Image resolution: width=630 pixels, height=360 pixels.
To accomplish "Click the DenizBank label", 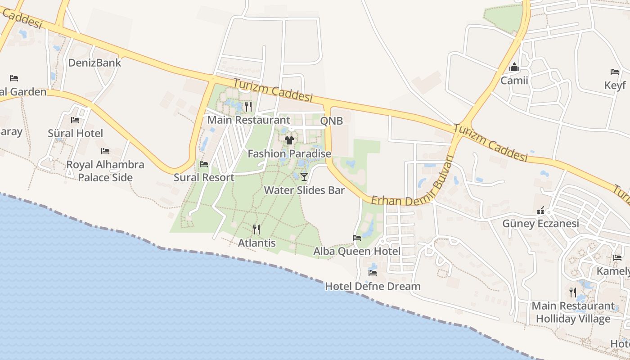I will [x=94, y=63].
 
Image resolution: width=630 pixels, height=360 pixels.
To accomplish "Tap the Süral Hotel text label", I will [x=75, y=133].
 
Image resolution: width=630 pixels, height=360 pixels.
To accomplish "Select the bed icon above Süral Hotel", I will [x=75, y=120].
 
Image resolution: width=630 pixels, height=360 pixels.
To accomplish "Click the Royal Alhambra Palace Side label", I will [x=105, y=171].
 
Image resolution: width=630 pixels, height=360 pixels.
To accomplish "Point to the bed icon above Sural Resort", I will [x=204, y=164].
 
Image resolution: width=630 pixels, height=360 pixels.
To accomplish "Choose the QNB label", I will [x=331, y=121].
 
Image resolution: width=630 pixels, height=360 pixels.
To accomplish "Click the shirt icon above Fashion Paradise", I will [x=289, y=140].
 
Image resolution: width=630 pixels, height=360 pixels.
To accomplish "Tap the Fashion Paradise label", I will [x=289, y=154].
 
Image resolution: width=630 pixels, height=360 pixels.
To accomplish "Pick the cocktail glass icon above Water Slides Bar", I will [x=304, y=176].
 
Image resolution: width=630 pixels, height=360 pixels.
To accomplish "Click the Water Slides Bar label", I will [x=304, y=190].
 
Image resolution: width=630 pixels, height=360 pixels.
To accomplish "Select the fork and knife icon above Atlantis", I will [x=256, y=229].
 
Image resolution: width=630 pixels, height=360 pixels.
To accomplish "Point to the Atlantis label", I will [x=256, y=243].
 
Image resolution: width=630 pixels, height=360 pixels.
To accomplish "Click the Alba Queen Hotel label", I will [x=357, y=251].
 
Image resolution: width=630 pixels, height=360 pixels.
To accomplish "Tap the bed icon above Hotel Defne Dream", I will [x=373, y=273].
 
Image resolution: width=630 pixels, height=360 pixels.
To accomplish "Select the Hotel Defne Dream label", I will [x=373, y=286].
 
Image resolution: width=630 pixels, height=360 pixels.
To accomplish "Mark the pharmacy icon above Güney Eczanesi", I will [x=541, y=211].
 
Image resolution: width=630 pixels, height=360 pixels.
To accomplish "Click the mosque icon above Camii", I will [x=514, y=68].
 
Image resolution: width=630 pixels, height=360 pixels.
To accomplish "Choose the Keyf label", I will [x=615, y=85].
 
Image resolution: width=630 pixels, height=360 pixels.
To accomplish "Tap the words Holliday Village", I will [x=573, y=319].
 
